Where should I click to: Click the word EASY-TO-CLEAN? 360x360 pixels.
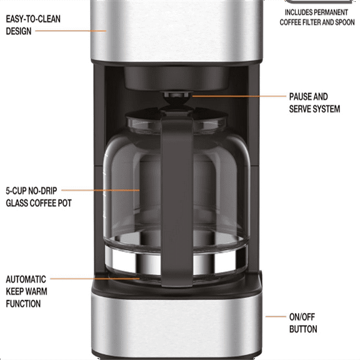[32, 19]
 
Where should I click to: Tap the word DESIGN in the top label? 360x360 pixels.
[19, 31]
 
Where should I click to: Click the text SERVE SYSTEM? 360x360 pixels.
[314, 109]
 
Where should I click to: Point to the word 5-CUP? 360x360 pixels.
[18, 190]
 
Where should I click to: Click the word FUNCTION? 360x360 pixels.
[23, 304]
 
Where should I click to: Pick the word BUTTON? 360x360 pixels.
[303, 329]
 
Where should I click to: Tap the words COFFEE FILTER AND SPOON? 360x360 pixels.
[317, 22]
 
